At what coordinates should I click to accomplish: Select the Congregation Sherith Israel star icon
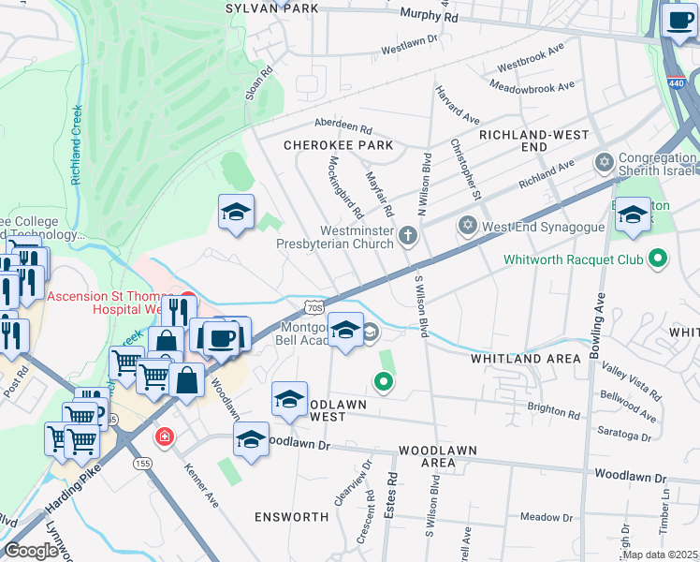point(605,164)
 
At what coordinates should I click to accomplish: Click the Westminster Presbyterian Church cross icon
point(407,235)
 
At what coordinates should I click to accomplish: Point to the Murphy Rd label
point(429,16)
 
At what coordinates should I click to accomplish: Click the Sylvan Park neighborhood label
point(271,7)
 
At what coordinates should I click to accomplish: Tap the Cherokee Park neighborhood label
point(338,146)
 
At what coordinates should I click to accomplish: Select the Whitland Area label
point(518,359)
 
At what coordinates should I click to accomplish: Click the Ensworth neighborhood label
point(291,516)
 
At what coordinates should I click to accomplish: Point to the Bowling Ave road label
point(598,324)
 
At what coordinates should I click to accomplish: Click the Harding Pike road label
point(73,496)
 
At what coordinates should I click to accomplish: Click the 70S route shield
point(314,306)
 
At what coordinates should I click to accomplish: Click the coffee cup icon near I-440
point(678,20)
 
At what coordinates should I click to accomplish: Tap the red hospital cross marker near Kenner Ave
point(165,437)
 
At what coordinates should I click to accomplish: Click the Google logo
point(31,551)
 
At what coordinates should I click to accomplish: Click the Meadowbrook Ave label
point(532,88)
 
